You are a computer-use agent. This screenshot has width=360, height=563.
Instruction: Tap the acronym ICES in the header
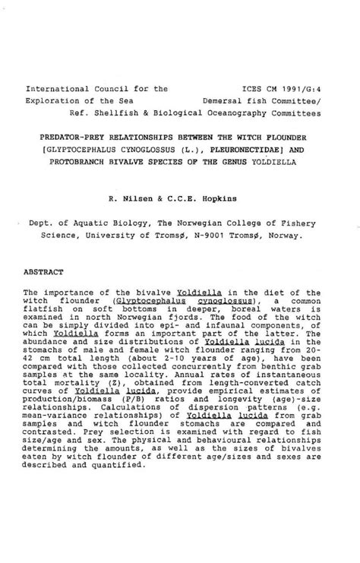pyautogui.click(x=250, y=88)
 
